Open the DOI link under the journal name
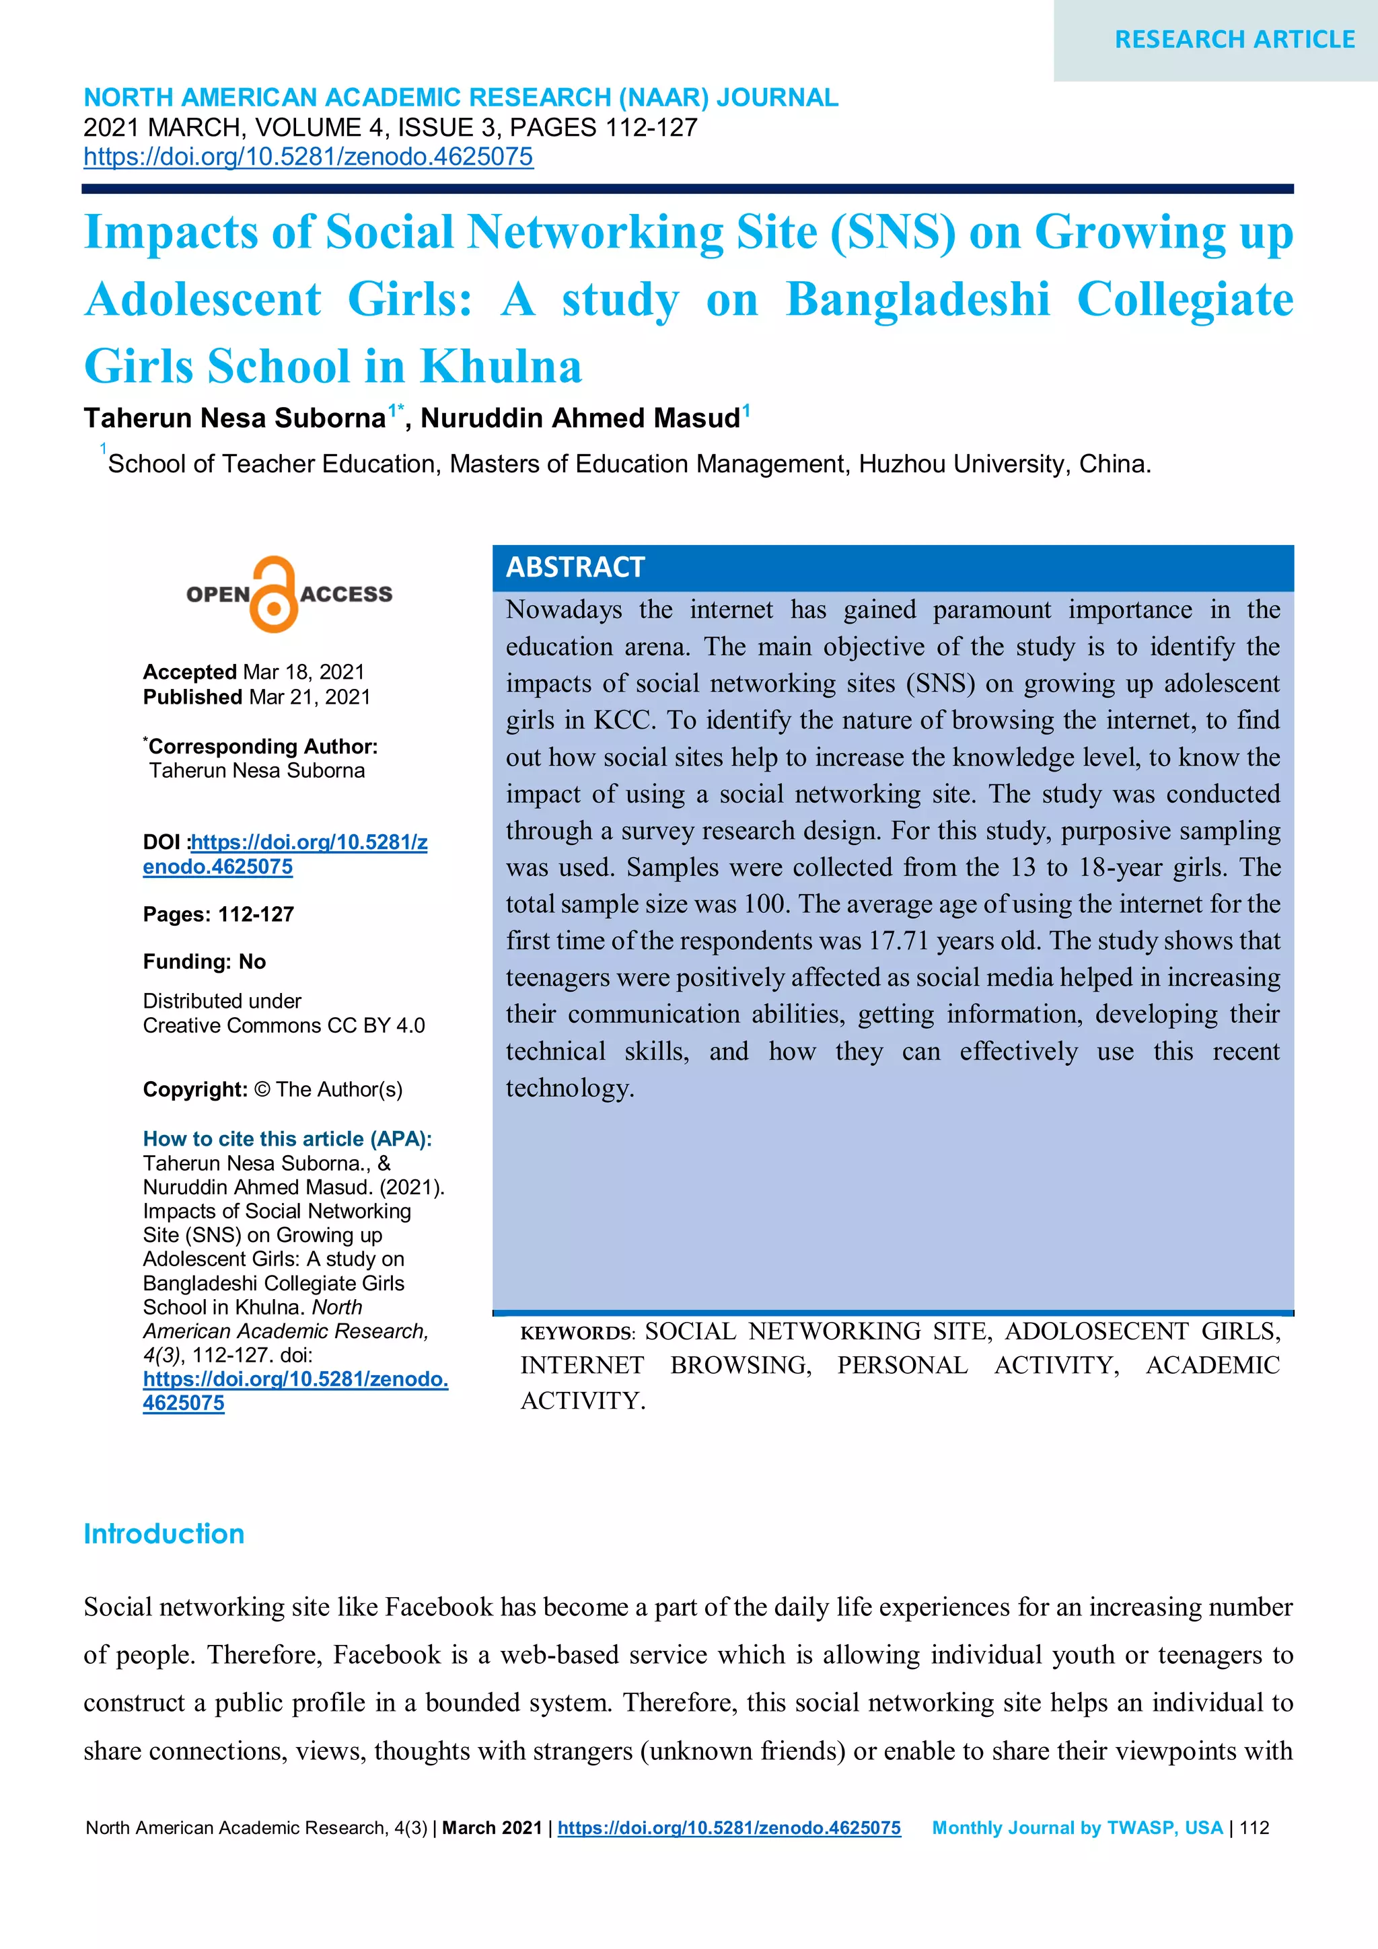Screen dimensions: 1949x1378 click(x=308, y=157)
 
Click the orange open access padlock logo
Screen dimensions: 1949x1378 click(x=273, y=594)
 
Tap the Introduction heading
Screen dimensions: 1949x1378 click(x=164, y=1534)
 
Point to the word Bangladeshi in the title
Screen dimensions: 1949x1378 click(x=917, y=299)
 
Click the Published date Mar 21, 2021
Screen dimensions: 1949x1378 click(x=309, y=697)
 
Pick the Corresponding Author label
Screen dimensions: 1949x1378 click(x=262, y=746)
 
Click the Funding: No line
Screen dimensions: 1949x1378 click(x=205, y=962)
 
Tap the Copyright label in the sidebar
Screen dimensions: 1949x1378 click(x=195, y=1089)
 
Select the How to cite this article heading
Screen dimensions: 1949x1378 click(x=287, y=1138)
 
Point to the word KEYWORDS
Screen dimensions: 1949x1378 click(x=577, y=1333)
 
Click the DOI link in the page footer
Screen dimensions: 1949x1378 click(x=729, y=1828)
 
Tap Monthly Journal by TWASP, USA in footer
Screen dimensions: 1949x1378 click(x=1077, y=1828)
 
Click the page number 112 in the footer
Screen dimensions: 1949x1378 click(x=1254, y=1828)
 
